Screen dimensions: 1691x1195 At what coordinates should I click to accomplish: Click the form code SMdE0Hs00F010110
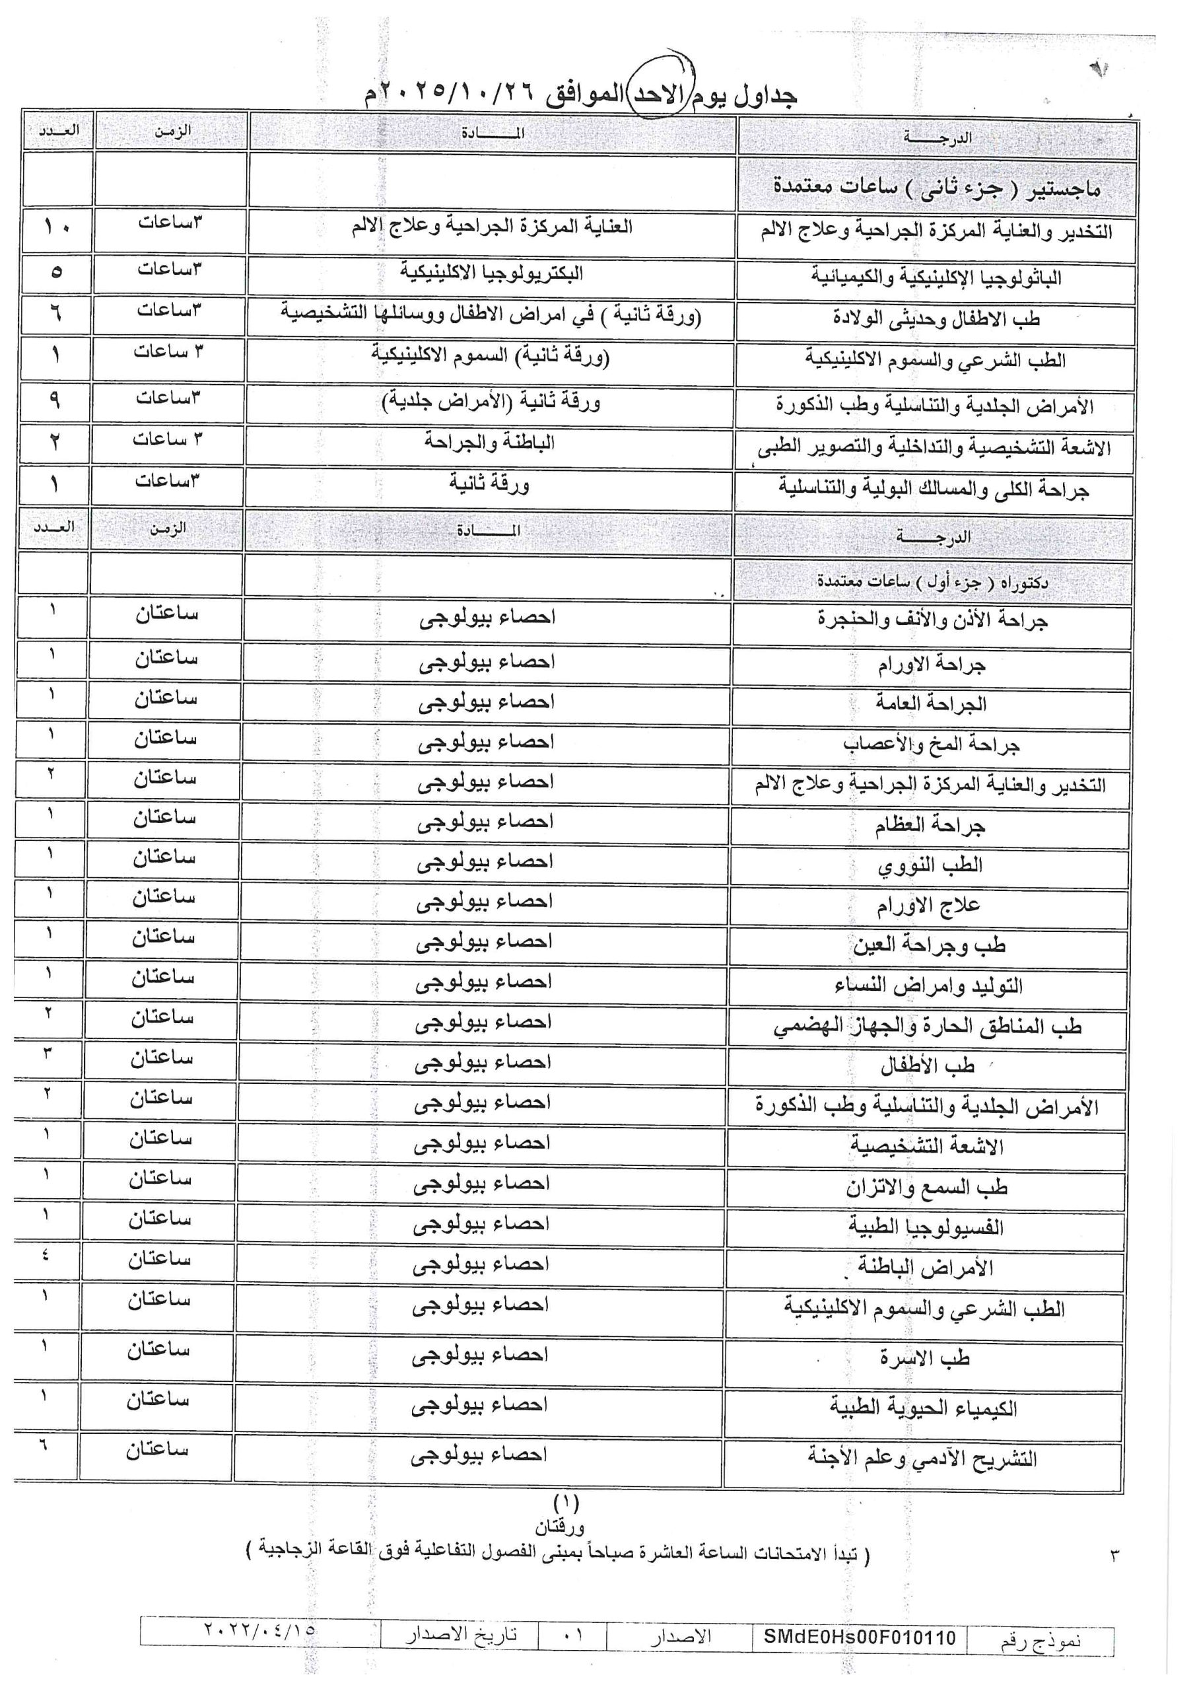[859, 1637]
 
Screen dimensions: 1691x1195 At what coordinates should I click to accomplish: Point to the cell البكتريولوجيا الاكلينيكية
[491, 273]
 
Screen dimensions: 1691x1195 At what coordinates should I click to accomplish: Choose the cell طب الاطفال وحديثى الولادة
[936, 318]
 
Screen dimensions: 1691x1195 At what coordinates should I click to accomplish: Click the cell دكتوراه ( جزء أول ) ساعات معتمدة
[932, 583]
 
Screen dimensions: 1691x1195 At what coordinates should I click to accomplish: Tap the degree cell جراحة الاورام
[931, 665]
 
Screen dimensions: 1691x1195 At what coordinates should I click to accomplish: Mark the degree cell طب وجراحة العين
[928, 945]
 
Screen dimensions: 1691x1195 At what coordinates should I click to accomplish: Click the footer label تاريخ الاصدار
[461, 1634]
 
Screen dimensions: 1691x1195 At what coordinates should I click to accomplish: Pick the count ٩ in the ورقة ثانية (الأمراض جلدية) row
[55, 399]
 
